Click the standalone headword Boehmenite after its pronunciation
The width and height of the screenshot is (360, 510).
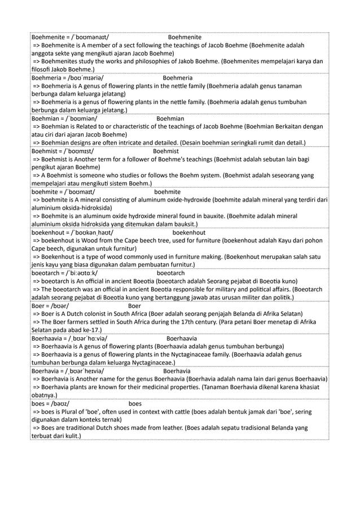tap(185, 37)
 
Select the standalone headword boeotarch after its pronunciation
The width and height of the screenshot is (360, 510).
tap(170, 273)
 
